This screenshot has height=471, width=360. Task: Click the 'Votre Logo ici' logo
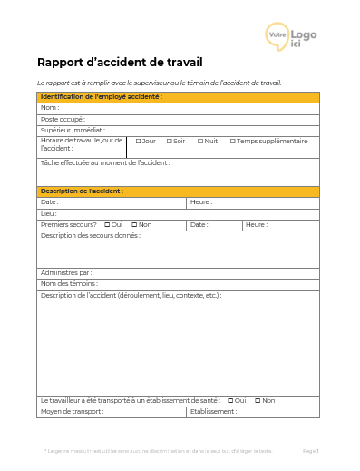click(291, 35)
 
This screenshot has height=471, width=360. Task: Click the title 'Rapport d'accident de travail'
click(120, 63)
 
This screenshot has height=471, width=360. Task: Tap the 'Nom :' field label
click(50, 108)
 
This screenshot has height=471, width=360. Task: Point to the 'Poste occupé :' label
click(63, 119)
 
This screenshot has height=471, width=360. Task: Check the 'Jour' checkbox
click(139, 142)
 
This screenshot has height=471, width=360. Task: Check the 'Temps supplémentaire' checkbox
click(232, 142)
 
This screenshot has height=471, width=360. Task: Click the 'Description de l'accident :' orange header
click(83, 191)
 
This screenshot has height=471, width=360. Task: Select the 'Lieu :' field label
click(49, 213)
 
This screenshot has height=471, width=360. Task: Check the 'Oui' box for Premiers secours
click(107, 224)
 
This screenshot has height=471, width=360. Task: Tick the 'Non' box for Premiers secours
click(134, 224)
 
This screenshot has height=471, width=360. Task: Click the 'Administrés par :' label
click(66, 272)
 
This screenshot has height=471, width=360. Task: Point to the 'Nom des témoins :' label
click(70, 284)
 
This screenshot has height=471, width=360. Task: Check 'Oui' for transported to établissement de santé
click(230, 400)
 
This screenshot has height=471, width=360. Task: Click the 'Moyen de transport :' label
click(73, 411)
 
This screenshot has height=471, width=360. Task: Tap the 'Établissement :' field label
click(214, 411)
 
